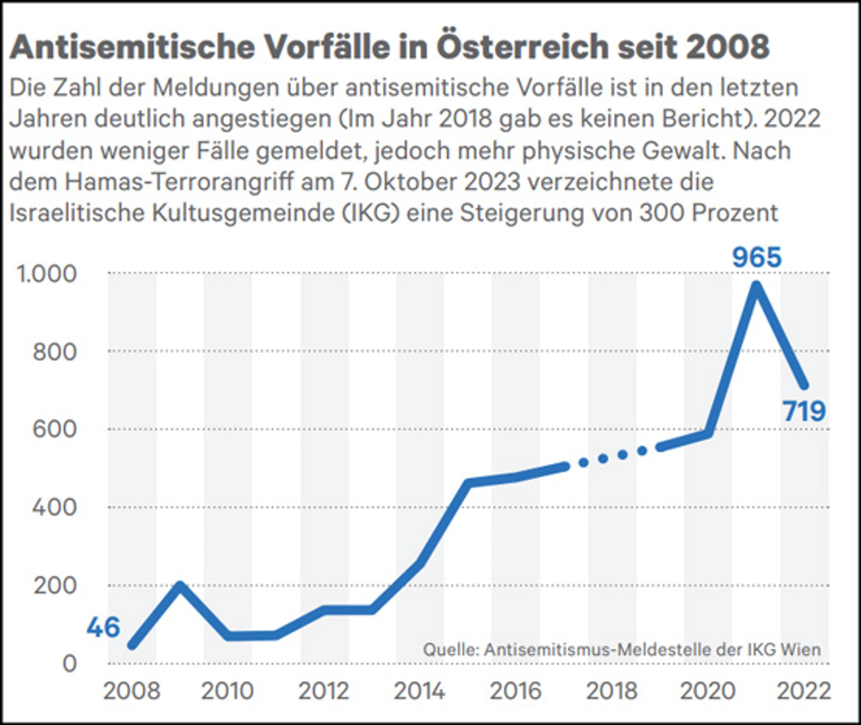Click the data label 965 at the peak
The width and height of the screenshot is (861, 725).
pos(757,258)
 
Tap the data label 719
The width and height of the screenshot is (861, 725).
pos(804,411)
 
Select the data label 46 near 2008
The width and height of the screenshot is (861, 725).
pos(103,627)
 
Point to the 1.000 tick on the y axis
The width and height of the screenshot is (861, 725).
pos(46,274)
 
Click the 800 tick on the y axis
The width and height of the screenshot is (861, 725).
pos(54,352)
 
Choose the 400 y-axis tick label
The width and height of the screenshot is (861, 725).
pos(54,508)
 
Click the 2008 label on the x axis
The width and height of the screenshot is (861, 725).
pos(132,691)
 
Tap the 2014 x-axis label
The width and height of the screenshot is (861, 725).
pos(419,691)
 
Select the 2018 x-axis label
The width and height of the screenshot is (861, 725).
pos(611,691)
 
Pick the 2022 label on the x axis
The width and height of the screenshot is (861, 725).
pos(803,691)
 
